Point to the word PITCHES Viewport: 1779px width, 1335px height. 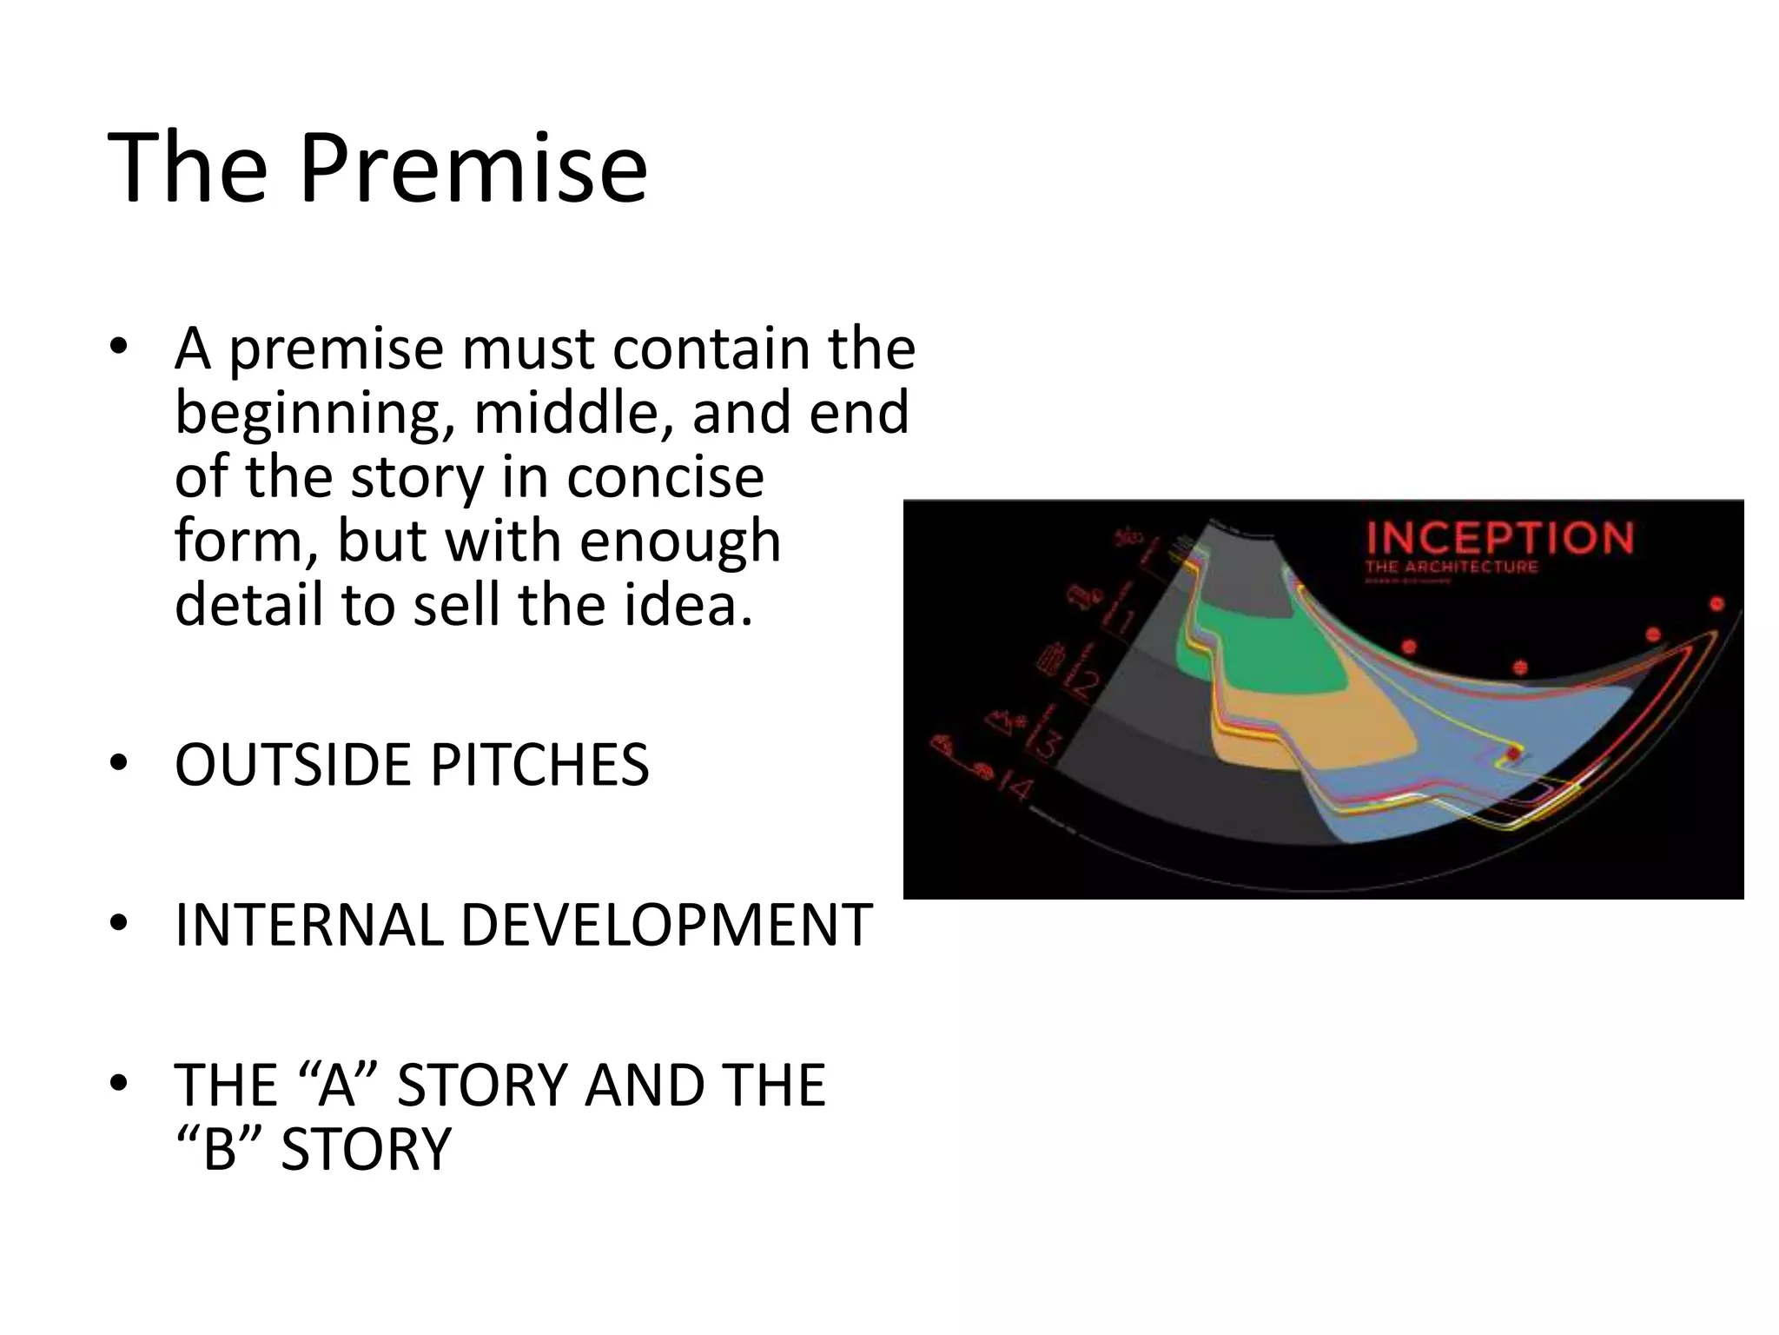539,766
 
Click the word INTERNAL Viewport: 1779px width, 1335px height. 308,926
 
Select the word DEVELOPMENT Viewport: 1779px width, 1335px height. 665,926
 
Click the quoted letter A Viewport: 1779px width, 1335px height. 337,1086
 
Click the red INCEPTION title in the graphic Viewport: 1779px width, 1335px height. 1499,538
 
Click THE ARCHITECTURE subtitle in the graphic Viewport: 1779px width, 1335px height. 1451,568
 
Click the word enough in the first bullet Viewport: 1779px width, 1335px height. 679,541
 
